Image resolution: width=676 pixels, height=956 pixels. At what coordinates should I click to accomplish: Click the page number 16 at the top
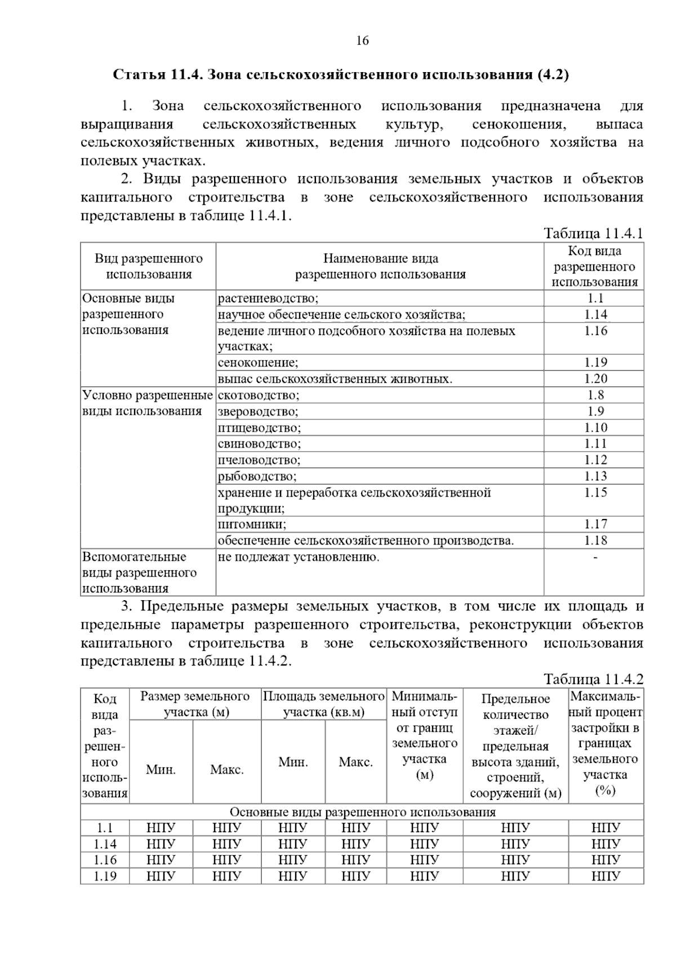click(362, 41)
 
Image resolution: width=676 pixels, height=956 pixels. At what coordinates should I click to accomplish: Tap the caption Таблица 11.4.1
click(593, 234)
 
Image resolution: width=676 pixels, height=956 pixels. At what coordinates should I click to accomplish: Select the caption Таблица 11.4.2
click(593, 679)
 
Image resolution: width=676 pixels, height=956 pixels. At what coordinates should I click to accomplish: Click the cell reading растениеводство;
click(268, 298)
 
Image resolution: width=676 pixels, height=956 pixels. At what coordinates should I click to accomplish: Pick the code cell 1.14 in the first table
click(595, 315)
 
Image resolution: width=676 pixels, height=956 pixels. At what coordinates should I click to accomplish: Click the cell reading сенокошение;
click(258, 363)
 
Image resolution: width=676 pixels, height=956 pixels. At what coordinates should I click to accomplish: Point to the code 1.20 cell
click(595, 379)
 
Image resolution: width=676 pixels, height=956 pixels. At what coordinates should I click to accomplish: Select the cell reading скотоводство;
click(259, 395)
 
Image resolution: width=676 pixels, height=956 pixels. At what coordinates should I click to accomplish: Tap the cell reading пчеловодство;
click(259, 460)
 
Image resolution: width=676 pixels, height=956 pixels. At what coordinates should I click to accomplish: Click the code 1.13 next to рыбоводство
click(595, 476)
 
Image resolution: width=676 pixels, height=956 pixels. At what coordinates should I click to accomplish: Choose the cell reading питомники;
click(252, 525)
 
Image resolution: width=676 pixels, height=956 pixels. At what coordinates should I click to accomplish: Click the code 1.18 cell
click(595, 540)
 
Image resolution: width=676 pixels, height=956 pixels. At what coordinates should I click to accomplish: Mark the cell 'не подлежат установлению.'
click(299, 557)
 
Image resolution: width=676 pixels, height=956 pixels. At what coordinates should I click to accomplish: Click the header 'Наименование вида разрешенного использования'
click(380, 266)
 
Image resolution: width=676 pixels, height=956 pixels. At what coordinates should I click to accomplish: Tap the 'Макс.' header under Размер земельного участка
click(226, 770)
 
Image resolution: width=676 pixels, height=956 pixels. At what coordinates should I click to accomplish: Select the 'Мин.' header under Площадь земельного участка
click(293, 762)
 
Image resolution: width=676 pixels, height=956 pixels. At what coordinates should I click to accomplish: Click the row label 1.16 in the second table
click(105, 860)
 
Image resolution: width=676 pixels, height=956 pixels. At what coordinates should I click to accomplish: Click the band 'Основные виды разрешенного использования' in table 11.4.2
click(362, 812)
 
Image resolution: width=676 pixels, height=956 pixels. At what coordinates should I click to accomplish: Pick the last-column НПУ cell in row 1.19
click(606, 876)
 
